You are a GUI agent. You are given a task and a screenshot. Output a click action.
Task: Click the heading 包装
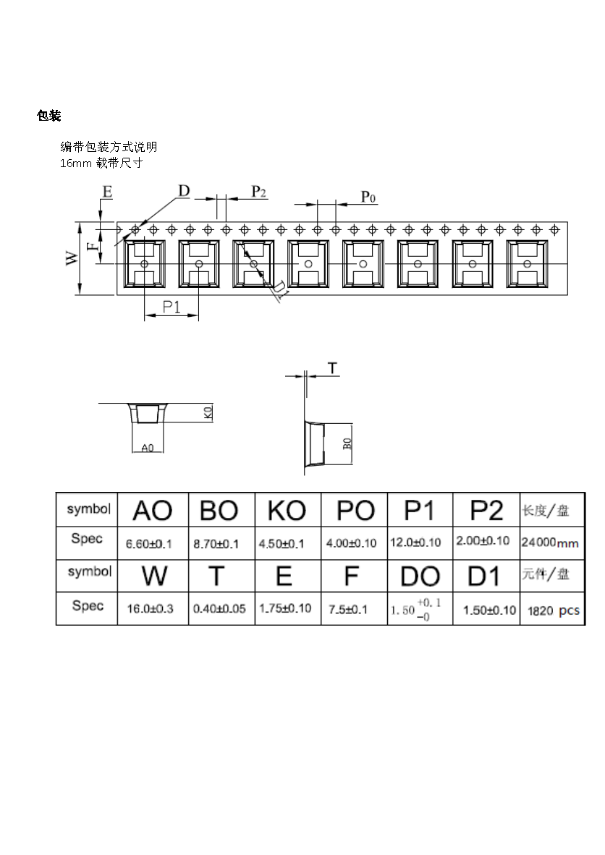click(48, 116)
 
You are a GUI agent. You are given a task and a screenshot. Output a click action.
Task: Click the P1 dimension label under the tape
click(172, 307)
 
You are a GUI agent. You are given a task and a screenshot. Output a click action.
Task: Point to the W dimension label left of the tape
click(72, 258)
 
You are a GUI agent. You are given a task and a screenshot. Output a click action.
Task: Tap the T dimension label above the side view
click(331, 369)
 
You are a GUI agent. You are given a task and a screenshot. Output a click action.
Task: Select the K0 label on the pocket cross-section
click(208, 413)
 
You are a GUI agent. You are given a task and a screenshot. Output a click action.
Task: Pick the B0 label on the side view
click(347, 443)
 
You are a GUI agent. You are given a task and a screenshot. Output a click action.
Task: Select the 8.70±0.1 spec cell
click(216, 543)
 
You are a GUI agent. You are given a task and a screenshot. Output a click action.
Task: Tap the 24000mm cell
click(549, 542)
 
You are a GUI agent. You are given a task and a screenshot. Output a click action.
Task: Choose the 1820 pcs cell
click(553, 611)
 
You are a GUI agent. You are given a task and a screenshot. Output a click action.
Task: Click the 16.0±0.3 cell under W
click(150, 609)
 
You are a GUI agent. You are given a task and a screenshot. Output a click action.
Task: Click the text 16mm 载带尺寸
click(101, 163)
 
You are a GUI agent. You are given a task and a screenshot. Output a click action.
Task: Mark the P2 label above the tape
click(258, 191)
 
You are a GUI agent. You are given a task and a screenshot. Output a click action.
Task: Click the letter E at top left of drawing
click(107, 192)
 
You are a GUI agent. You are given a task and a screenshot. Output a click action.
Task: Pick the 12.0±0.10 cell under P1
click(416, 542)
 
